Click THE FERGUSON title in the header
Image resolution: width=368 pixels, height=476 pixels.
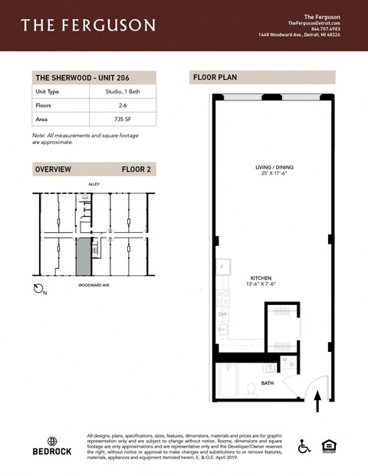tap(88, 25)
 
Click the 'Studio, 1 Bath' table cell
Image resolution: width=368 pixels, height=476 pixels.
tap(123, 92)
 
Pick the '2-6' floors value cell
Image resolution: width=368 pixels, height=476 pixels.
tap(123, 105)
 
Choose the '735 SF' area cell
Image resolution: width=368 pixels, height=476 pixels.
tap(123, 119)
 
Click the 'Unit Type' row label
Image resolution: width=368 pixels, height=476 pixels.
tap(48, 92)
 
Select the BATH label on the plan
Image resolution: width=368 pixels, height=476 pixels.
tap(268, 382)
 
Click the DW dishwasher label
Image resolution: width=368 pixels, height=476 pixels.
tap(222, 314)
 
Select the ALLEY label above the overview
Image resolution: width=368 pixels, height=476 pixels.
tap(94, 184)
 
